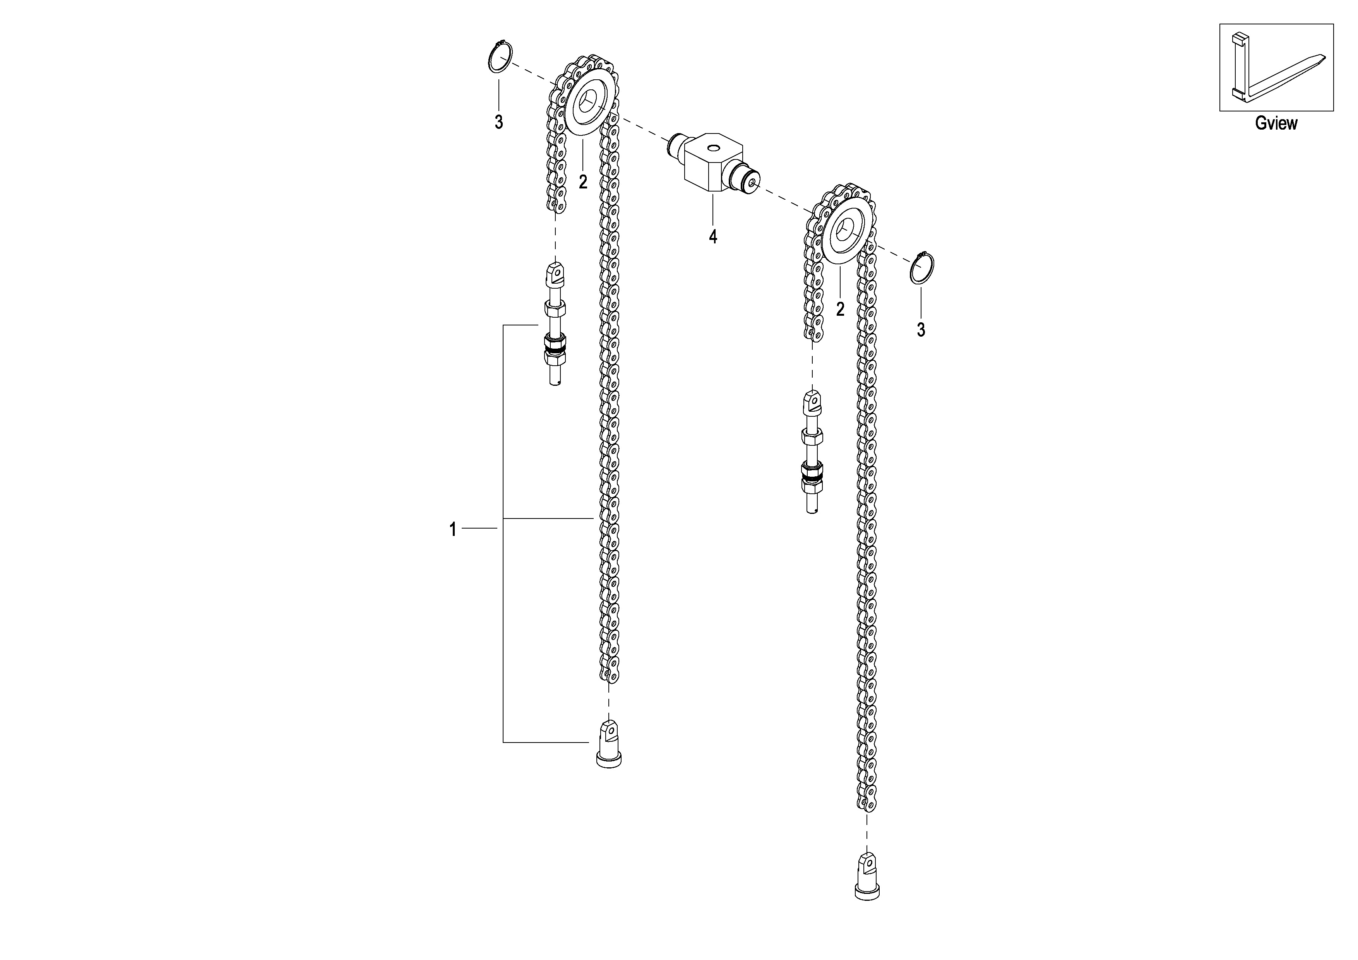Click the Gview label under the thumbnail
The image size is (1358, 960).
[1276, 123]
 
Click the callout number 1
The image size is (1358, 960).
[453, 529]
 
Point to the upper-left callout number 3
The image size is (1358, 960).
[498, 122]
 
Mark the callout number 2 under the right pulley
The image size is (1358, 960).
[840, 309]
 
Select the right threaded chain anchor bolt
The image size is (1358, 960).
[812, 452]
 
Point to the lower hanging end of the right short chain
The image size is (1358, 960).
[814, 334]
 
